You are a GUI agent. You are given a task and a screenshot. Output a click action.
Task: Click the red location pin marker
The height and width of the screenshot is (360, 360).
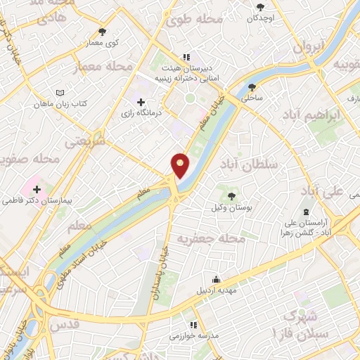click(181, 165)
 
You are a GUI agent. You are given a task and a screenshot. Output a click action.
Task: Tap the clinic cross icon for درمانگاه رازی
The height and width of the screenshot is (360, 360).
click(141, 103)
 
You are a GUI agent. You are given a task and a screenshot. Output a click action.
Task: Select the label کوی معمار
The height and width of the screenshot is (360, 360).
click(103, 43)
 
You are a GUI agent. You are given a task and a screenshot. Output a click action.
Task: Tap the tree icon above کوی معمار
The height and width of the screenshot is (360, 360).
click(103, 32)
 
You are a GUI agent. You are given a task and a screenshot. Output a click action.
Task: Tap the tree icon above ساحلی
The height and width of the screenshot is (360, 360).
click(252, 88)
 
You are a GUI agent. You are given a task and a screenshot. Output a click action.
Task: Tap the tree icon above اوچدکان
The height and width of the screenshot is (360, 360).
click(261, 6)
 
